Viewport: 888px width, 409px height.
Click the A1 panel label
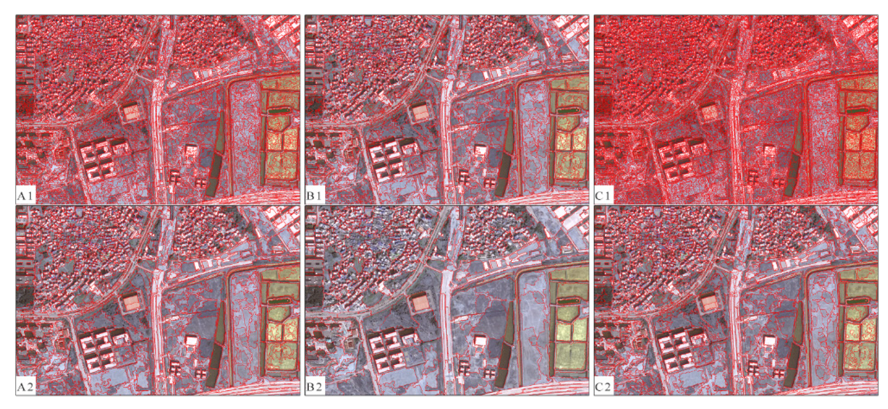coord(26,196)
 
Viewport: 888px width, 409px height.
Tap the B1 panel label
coord(315,196)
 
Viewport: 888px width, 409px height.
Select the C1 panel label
coord(604,196)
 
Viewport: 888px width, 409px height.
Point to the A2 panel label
coord(26,387)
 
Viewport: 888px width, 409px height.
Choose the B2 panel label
coord(315,387)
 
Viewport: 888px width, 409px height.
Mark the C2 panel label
coord(604,387)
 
